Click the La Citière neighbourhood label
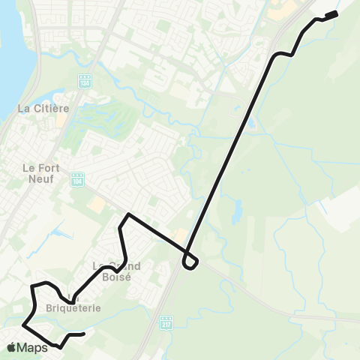(x=43, y=109)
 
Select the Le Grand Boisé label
(x=112, y=271)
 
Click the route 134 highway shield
(x=84, y=80)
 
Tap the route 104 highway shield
(x=79, y=179)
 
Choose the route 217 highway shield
(x=166, y=321)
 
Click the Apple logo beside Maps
(x=11, y=347)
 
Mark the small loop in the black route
(x=190, y=262)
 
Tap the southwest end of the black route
(x=83, y=334)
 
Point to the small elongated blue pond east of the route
(x=238, y=209)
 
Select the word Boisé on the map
(x=118, y=276)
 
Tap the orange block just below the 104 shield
(x=95, y=204)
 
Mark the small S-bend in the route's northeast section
(x=283, y=54)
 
